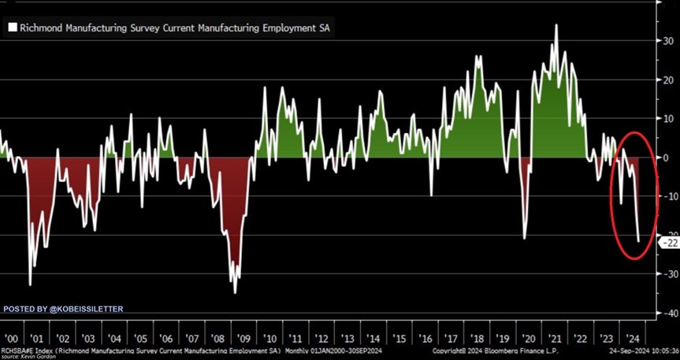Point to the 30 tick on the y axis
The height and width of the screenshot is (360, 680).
pyautogui.click(x=667, y=41)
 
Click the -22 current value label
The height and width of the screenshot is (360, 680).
pyautogui.click(x=668, y=243)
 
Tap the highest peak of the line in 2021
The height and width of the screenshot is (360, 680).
pyautogui.click(x=556, y=25)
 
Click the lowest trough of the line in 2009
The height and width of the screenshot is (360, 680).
pyautogui.click(x=236, y=293)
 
